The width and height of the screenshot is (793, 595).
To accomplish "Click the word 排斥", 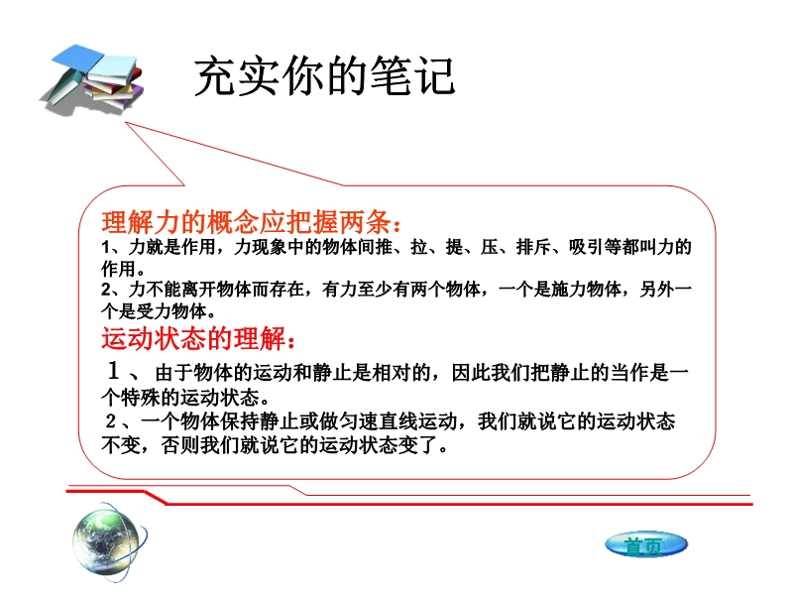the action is point(533,247).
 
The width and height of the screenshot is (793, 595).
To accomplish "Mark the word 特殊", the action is point(141,398).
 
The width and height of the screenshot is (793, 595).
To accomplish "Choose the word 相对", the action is point(392,373).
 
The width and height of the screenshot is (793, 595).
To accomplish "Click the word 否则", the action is point(180,445).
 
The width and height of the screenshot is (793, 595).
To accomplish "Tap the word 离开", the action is point(199,290).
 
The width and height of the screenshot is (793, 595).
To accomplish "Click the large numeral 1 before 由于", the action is point(113,370).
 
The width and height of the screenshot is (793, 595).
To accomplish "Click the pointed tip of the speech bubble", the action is point(126,122).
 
